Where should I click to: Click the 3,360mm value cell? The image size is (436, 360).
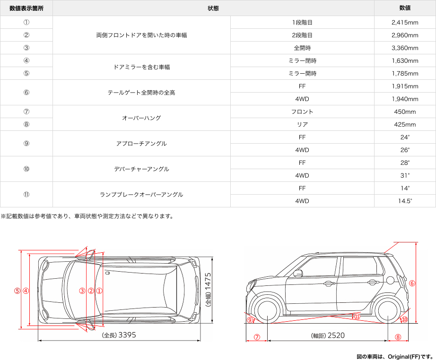click(x=405, y=48)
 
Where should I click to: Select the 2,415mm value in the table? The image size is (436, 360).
click(x=405, y=22)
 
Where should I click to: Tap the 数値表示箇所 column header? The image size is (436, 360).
click(x=26, y=8)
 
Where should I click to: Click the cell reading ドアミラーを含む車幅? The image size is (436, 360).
click(x=141, y=67)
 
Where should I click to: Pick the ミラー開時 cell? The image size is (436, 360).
click(x=302, y=73)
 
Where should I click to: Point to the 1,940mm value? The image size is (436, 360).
click(x=405, y=99)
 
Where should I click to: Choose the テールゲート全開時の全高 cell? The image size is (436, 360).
click(x=141, y=93)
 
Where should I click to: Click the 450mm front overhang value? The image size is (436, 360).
click(x=405, y=112)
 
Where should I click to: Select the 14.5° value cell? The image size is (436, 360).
click(x=405, y=201)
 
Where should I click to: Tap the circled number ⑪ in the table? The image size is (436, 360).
click(x=26, y=194)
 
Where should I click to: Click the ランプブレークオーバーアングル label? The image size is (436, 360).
click(x=141, y=194)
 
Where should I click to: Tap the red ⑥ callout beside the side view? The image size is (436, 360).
click(x=412, y=283)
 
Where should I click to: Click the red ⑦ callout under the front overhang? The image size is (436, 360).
click(x=257, y=337)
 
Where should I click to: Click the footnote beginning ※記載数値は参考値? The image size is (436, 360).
click(x=87, y=216)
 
